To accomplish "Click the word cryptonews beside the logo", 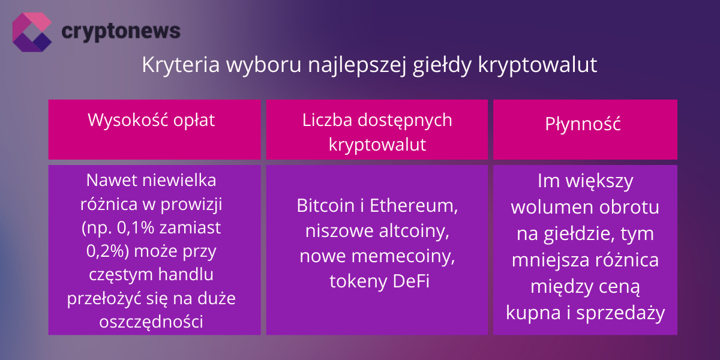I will [x=121, y=31].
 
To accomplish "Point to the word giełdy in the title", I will [x=443, y=65].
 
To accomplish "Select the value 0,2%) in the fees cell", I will [x=108, y=251].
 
